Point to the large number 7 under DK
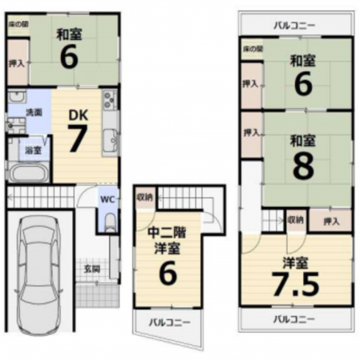tap(79, 142)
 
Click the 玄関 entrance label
tap(92, 269)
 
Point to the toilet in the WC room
tap(110, 221)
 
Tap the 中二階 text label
tap(166, 234)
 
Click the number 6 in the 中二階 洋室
tap(167, 275)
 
